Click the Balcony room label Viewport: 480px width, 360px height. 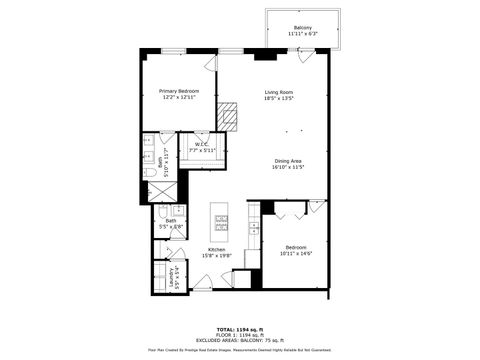(301, 27)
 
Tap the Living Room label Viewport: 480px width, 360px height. (278, 92)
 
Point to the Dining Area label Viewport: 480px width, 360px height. (287, 161)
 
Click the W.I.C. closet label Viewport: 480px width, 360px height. (201, 143)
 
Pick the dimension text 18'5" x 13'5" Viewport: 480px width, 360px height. (278, 99)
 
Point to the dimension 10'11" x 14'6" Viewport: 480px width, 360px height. (295, 253)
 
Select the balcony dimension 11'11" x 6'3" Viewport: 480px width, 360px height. (301, 34)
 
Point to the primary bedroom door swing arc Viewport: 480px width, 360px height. (210, 63)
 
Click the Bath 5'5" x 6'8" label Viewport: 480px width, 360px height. (171, 224)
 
